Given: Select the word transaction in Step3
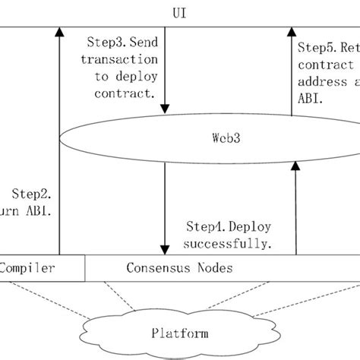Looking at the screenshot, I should pyautogui.click(x=119, y=60).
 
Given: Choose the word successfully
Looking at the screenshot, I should pyautogui.click(x=229, y=244).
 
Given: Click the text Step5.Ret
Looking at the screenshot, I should pyautogui.click(x=326, y=47).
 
